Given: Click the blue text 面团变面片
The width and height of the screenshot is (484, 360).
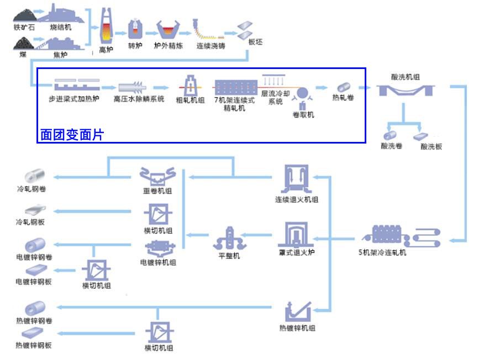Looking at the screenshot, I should click(72, 135).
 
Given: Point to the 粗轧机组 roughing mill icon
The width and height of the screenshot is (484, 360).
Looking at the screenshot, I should click(190, 86).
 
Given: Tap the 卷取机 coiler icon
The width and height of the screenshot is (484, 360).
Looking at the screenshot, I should click(303, 96).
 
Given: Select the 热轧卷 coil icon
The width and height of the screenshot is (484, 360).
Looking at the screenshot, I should click(343, 88).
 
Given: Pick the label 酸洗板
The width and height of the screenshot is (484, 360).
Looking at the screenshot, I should click(431, 147).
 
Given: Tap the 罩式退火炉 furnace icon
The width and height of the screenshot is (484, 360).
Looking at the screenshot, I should click(296, 235).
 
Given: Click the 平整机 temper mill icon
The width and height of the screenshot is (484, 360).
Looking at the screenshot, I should click(229, 239).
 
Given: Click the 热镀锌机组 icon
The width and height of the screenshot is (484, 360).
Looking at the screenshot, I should click(297, 313).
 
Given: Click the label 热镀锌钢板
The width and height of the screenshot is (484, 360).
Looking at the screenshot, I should click(34, 346).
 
